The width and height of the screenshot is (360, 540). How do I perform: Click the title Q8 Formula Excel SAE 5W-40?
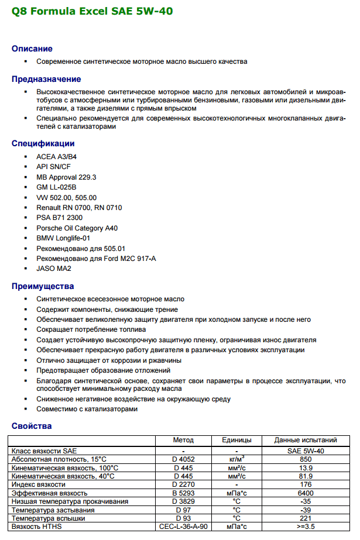click(x=92, y=11)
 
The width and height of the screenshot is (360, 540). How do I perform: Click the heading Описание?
click(x=32, y=49)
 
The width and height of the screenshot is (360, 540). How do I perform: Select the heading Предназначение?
click(x=46, y=79)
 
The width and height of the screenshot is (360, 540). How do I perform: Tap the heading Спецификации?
click(x=43, y=143)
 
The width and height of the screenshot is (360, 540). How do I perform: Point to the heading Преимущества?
click(x=43, y=286)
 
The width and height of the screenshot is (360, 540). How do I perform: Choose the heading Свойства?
click(x=32, y=425)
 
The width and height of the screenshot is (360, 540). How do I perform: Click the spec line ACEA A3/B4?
click(x=56, y=156)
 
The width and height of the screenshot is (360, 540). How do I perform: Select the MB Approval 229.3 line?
click(x=66, y=177)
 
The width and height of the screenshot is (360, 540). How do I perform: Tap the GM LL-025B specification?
click(x=56, y=187)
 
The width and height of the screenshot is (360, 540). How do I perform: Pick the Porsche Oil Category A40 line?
click(x=77, y=228)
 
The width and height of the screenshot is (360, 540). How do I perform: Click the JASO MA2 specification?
click(x=54, y=269)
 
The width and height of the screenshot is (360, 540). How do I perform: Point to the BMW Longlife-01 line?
click(x=64, y=238)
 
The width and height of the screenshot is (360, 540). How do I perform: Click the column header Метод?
click(x=183, y=440)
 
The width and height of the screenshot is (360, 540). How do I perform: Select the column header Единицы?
click(x=236, y=440)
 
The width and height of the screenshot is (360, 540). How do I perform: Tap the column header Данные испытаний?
click(x=306, y=440)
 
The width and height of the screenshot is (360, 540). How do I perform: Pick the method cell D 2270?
click(x=183, y=484)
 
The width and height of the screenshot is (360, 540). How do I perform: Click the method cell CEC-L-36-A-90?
click(x=183, y=527)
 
